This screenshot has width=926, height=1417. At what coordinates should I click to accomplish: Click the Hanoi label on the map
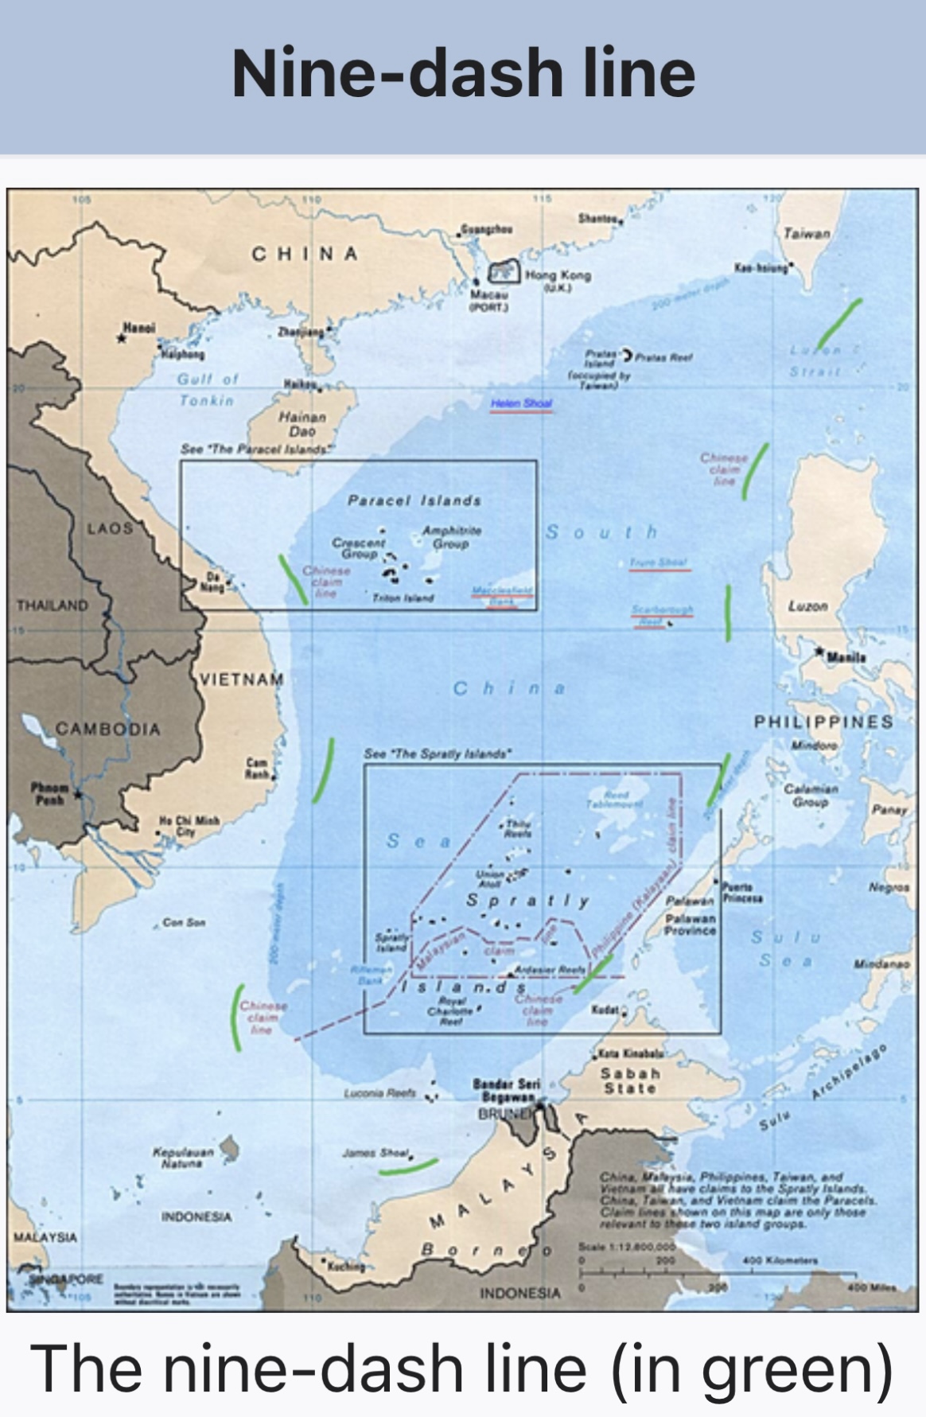(139, 327)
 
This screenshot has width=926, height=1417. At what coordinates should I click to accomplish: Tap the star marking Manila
(819, 652)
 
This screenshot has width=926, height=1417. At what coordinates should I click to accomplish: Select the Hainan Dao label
(302, 423)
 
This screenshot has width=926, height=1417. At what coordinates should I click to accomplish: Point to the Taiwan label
(806, 233)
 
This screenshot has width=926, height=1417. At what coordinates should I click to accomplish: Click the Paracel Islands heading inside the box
(414, 500)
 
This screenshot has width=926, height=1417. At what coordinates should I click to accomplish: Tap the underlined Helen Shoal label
(521, 403)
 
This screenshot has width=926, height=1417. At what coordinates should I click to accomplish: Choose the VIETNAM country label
(241, 679)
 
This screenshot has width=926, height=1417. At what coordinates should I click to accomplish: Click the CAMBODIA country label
(108, 729)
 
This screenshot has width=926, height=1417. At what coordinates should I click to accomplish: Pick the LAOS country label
(110, 527)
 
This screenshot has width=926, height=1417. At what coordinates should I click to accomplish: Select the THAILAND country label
(53, 605)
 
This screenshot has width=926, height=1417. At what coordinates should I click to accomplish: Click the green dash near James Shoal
(407, 1166)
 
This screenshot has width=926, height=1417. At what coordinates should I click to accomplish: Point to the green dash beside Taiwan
(839, 324)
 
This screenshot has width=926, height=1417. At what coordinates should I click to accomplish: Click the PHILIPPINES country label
(823, 722)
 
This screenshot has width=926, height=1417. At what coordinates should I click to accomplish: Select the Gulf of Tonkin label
(207, 389)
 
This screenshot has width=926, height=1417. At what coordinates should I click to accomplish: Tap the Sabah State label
(629, 1080)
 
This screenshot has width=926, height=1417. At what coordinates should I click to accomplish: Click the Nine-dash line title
(463, 73)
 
